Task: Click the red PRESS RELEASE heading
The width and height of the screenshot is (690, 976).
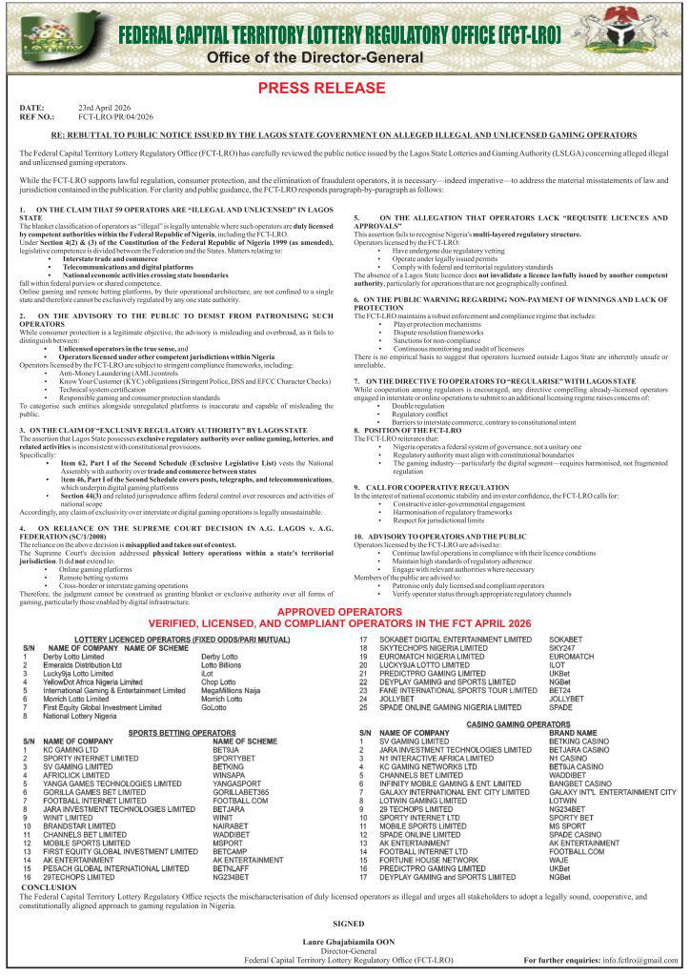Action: point(345,89)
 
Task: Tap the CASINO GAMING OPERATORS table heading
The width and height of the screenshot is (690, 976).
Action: point(517,724)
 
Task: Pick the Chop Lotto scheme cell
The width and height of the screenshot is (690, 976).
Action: point(218,682)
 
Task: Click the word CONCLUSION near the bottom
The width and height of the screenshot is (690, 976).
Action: point(49,886)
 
